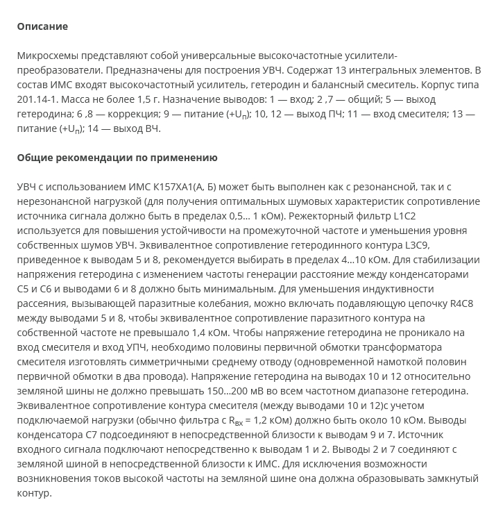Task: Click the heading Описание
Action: click(42, 26)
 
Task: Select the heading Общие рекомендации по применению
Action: click(117, 158)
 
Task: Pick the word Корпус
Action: click(434, 85)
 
